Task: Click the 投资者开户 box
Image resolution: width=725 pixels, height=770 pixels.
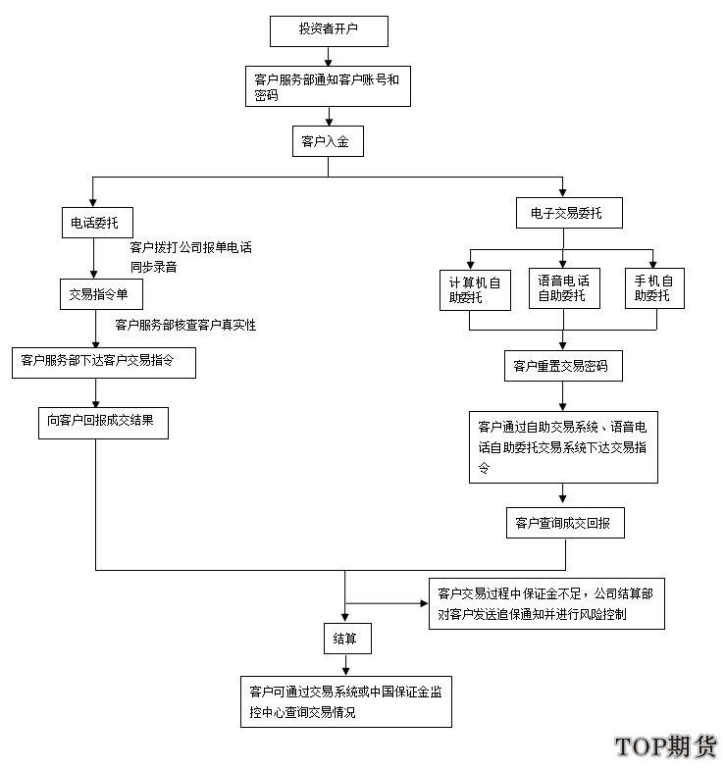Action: [x=329, y=31]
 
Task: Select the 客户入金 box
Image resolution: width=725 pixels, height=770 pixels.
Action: [x=328, y=141]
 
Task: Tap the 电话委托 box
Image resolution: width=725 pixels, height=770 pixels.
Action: [x=97, y=223]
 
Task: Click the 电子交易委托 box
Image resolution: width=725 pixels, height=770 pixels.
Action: [x=569, y=213]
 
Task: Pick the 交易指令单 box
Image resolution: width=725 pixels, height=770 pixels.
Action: [x=101, y=294]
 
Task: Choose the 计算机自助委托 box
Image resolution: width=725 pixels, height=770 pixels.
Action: [x=475, y=290]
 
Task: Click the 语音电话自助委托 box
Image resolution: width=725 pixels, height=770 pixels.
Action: [x=564, y=288]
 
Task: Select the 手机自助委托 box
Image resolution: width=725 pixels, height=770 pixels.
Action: [x=654, y=288]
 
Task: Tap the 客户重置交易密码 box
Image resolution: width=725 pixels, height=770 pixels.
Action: [x=563, y=366]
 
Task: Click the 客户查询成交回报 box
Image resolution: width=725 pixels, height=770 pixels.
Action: [x=565, y=523]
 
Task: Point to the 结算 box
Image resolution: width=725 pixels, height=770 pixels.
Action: [x=347, y=639]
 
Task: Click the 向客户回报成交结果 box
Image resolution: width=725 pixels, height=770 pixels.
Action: [x=103, y=423]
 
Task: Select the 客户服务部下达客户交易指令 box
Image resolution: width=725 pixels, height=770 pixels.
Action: [x=104, y=363]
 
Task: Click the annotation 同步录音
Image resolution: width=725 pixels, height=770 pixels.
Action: [x=153, y=267]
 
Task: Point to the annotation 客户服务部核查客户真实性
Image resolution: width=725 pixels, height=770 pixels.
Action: [x=185, y=325]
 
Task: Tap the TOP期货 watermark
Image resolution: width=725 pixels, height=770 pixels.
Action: [x=665, y=746]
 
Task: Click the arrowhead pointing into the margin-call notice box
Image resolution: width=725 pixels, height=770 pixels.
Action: [x=425, y=603]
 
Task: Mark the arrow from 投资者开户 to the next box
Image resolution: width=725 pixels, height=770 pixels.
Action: [x=328, y=57]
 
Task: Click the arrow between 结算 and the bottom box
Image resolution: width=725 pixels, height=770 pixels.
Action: [x=345, y=665]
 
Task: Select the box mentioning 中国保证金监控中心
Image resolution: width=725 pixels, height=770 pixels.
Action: [x=346, y=701]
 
